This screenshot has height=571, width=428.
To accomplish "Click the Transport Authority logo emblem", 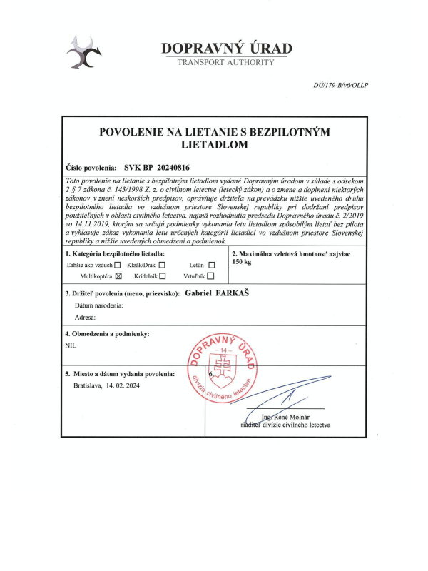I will pos(83,51).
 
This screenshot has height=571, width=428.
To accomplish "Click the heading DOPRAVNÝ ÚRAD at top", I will pos(226,49).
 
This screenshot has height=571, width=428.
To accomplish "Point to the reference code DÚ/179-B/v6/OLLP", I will pos(341,85).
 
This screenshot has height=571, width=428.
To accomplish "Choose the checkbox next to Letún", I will pos(211,265).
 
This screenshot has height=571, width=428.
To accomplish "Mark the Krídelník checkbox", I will pos(163,276).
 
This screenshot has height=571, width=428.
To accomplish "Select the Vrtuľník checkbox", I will pos(211,276).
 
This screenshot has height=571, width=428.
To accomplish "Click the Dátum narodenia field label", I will pos(99,305).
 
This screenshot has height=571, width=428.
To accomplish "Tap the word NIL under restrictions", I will pos(70,344).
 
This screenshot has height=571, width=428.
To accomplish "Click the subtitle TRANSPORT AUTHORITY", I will pos(226,62).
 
